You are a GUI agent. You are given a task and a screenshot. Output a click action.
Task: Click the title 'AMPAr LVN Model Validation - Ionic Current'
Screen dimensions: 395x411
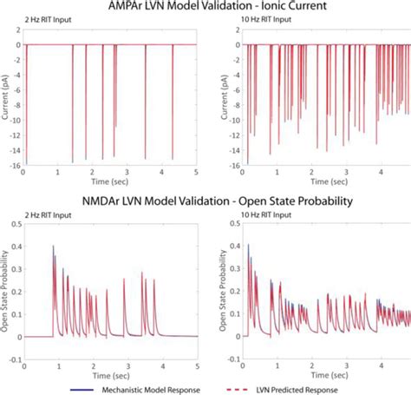point(205,8)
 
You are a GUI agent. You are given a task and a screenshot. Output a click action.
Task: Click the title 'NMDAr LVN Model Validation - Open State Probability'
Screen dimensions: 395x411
point(205,201)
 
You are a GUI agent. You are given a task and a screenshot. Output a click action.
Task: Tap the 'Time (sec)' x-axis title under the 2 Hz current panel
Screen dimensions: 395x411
point(110,180)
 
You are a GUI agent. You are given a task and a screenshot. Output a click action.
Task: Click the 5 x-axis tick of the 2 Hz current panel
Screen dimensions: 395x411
point(198,172)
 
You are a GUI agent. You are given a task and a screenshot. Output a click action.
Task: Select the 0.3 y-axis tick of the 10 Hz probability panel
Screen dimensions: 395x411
point(229,269)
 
